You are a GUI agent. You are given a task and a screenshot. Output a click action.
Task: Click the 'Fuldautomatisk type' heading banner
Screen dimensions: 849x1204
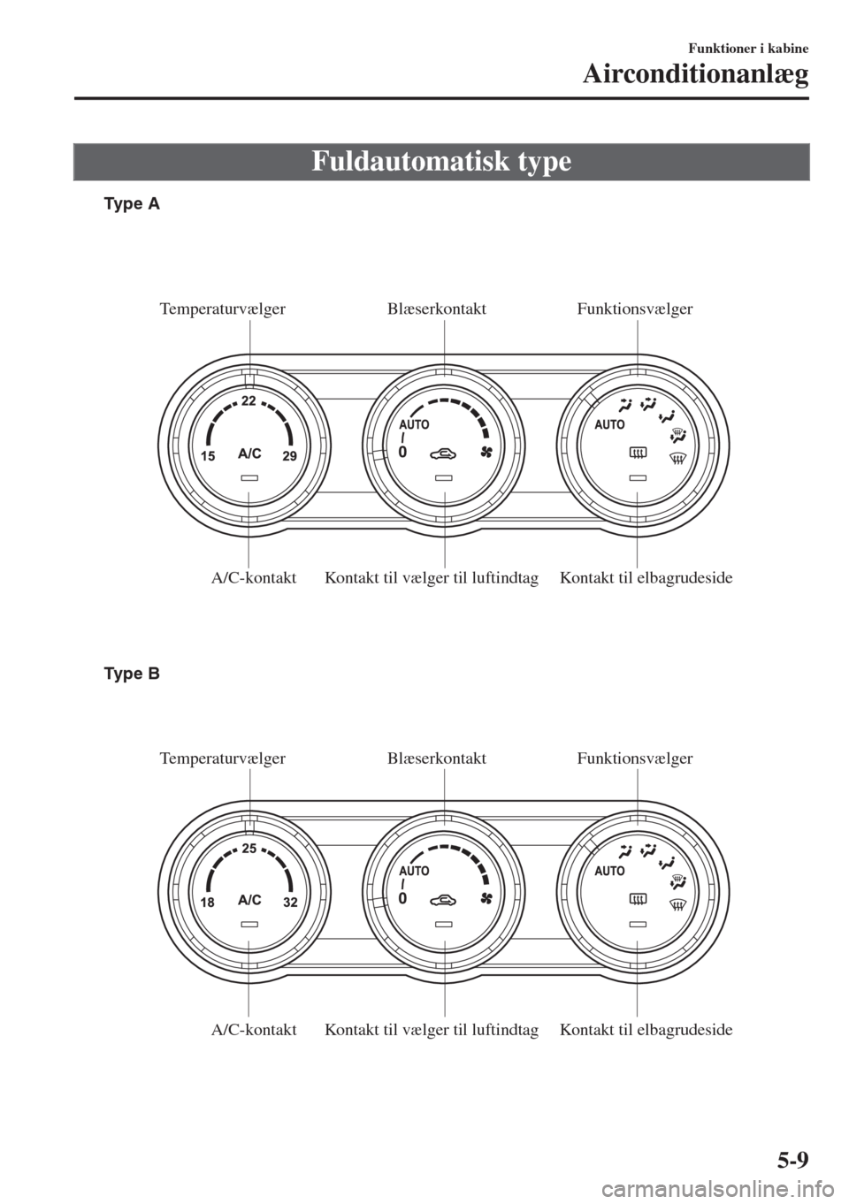441,162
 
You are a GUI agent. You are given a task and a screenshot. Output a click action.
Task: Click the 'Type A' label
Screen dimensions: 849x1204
133,205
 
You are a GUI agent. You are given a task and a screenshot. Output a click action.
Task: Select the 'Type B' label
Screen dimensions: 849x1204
133,674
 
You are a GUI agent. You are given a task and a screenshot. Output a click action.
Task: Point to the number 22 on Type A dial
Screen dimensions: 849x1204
249,400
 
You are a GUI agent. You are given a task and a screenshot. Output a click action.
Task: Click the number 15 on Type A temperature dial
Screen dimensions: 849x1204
208,456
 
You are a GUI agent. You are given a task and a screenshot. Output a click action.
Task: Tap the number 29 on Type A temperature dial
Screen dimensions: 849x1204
289,456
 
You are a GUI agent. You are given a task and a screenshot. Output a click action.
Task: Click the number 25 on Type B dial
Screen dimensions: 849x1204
249,849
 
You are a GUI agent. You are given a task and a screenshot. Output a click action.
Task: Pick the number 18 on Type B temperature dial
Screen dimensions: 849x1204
208,903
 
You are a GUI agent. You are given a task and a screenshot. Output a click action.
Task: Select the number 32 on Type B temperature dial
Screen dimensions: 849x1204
290,903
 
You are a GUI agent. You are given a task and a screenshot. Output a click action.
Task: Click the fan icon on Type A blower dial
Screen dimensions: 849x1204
487,453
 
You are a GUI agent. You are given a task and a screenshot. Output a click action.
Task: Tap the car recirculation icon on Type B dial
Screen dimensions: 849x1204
444,901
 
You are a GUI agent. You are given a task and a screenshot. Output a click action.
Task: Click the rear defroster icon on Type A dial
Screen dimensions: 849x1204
638,453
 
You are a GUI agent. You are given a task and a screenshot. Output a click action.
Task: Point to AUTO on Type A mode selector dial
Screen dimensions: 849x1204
609,424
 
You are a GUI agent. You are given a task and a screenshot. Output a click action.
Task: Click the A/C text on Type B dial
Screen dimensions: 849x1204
249,900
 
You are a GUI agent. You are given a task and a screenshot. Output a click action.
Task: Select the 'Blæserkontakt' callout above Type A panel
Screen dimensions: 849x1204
437,309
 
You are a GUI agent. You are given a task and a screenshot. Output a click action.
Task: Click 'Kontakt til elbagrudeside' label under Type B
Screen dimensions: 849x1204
646,1030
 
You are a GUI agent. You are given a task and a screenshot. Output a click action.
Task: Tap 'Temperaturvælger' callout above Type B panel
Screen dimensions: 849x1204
223,758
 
